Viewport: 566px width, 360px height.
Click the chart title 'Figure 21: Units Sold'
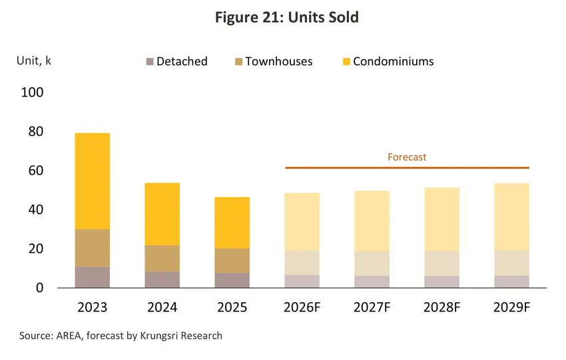tap(287, 17)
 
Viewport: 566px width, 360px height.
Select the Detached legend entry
tap(177, 61)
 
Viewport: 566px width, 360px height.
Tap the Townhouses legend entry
tap(274, 61)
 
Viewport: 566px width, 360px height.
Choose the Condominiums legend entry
tap(388, 61)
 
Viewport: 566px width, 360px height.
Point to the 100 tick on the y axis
tap(32, 92)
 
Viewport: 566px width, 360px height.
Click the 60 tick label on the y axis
tap(36, 170)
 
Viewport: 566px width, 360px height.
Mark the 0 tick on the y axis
tap(40, 287)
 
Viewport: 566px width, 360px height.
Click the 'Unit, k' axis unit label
tap(34, 61)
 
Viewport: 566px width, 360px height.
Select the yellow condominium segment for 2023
tap(93, 181)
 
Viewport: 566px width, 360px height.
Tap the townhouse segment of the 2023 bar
tap(93, 248)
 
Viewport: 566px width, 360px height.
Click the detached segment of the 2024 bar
tap(162, 280)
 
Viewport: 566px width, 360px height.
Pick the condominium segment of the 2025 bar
tap(232, 223)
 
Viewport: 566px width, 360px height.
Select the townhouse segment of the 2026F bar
tap(302, 263)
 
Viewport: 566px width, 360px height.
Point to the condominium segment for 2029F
tap(512, 217)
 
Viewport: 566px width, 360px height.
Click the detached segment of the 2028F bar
tap(442, 282)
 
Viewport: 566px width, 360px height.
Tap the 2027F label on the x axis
tap(372, 307)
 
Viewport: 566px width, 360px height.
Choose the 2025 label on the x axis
tap(232, 307)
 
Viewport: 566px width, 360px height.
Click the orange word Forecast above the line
tap(407, 157)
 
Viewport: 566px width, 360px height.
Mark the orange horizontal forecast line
tap(407, 168)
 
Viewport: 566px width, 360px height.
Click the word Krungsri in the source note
tap(159, 336)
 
